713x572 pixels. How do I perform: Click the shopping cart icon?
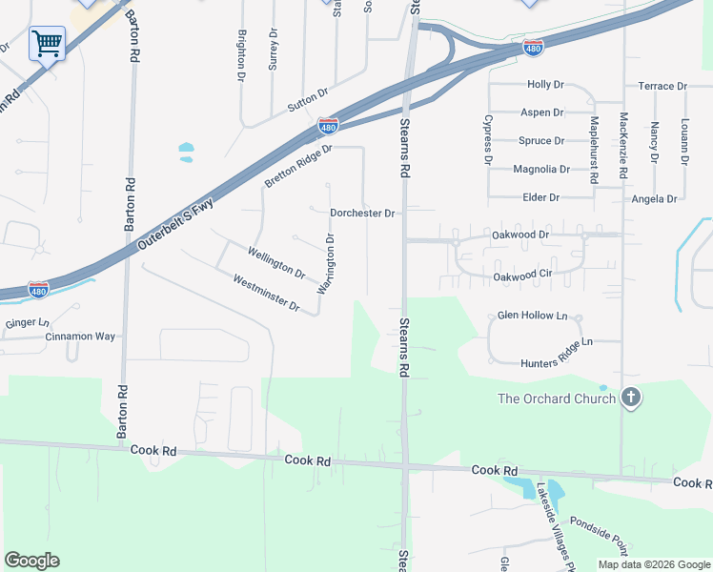(x=46, y=43)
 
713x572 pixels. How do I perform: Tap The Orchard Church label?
(x=557, y=398)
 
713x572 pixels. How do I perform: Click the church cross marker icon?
(x=630, y=398)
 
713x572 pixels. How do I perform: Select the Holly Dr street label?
(x=545, y=85)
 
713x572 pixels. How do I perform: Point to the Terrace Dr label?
(x=662, y=86)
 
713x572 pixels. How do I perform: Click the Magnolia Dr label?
(x=540, y=169)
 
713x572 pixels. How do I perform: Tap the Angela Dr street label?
(x=654, y=199)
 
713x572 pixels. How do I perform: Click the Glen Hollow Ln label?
(x=532, y=315)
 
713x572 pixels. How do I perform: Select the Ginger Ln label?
(x=27, y=323)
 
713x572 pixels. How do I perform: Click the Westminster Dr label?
(x=266, y=294)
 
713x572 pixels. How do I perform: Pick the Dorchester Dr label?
(x=362, y=214)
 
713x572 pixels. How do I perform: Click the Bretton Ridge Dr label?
(x=298, y=165)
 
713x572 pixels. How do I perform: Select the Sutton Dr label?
(x=308, y=97)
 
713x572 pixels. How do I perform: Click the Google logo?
(x=31, y=561)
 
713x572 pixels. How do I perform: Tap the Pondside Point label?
(x=599, y=536)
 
